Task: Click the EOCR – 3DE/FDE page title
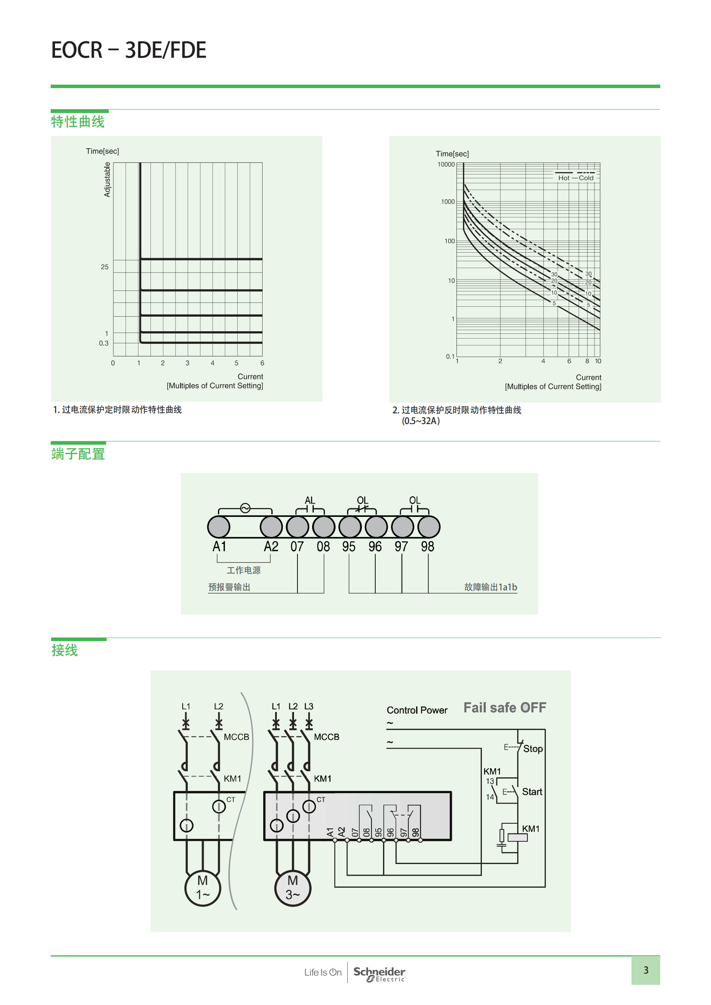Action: click(128, 50)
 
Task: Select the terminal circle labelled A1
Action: click(218, 527)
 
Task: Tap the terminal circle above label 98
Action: click(429, 527)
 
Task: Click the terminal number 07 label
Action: click(297, 547)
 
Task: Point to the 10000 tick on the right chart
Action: click(446, 165)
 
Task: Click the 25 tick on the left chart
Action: click(104, 267)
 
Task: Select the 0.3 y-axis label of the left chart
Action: click(103, 343)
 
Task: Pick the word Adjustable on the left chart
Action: click(107, 180)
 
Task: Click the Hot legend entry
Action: click(564, 178)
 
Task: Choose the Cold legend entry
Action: click(586, 178)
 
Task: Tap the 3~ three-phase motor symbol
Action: click(292, 887)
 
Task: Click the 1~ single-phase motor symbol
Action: click(203, 887)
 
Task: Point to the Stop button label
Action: click(533, 748)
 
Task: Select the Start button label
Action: click(532, 791)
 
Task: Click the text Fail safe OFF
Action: click(505, 708)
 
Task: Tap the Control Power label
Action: click(417, 710)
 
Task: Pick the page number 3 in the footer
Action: click(646, 970)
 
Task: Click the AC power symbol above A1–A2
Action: click(245, 508)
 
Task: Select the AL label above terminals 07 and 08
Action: click(310, 500)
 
